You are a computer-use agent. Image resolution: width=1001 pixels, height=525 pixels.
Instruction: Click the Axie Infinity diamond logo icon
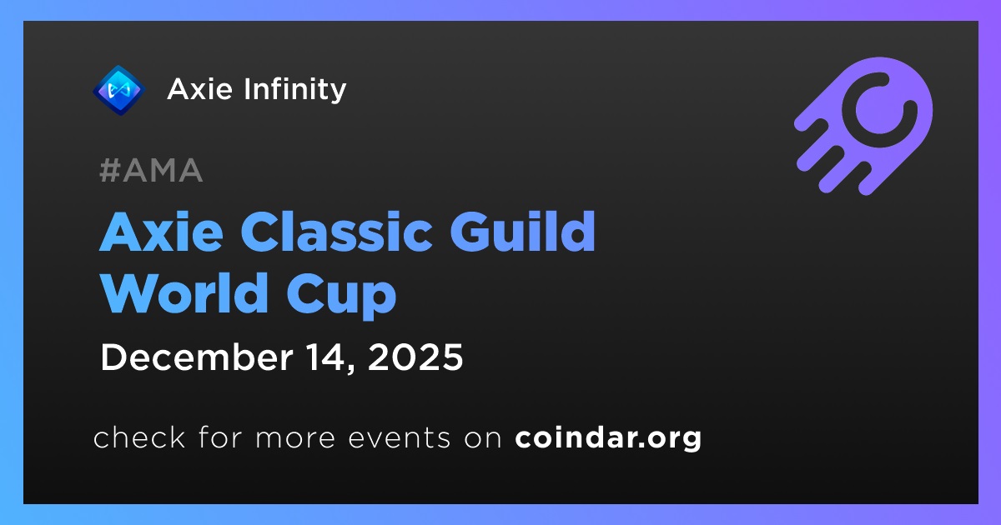pyautogui.click(x=118, y=90)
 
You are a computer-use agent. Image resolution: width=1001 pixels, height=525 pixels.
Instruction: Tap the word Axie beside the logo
pyautogui.click(x=199, y=89)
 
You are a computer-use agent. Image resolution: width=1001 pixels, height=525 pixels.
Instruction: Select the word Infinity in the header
pyautogui.click(x=295, y=90)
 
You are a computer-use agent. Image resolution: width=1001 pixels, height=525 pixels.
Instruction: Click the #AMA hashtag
pyautogui.click(x=151, y=170)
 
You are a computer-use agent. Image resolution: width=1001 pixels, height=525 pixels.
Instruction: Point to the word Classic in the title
pyautogui.click(x=336, y=232)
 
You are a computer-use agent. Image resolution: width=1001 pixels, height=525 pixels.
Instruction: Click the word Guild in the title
pyautogui.click(x=522, y=232)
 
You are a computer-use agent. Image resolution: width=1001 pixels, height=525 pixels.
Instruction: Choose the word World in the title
pyautogui.click(x=184, y=292)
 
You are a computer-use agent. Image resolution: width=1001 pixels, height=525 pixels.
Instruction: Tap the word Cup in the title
pyautogui.click(x=342, y=297)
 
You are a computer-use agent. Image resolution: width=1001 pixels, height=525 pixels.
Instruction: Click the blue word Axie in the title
pyautogui.click(x=161, y=232)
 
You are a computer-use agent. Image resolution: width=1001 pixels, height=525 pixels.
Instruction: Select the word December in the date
pyautogui.click(x=197, y=357)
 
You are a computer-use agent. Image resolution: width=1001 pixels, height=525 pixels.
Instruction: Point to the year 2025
pyautogui.click(x=415, y=357)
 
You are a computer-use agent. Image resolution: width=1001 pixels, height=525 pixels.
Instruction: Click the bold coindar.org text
pyautogui.click(x=608, y=438)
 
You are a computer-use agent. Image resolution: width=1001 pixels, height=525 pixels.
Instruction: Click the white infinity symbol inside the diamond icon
pyautogui.click(x=118, y=91)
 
